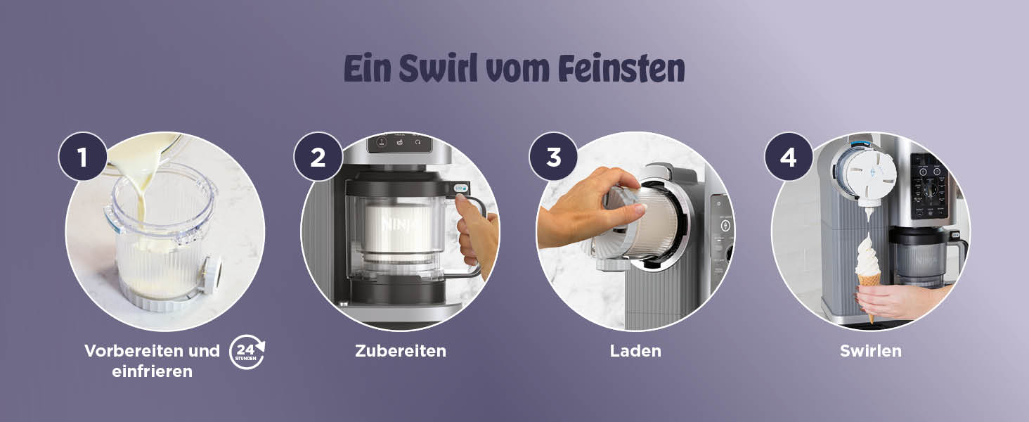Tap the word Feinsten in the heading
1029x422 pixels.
pos(621,68)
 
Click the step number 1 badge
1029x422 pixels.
pos(83,156)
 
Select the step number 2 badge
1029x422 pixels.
pos(318,156)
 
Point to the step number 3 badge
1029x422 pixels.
pos(553,156)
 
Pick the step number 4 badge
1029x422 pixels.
pos(789,156)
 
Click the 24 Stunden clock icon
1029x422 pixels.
pos(247,352)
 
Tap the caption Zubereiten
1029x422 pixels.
pos(401,351)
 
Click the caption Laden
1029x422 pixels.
pos(635,351)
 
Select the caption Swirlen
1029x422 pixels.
pos(871,351)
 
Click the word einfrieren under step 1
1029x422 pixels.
pos(152,371)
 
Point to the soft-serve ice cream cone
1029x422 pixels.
pos(868,276)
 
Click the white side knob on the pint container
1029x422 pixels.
pos(213,275)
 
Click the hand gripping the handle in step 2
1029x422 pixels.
pos(478,234)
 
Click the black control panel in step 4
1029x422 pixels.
pos(928,186)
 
